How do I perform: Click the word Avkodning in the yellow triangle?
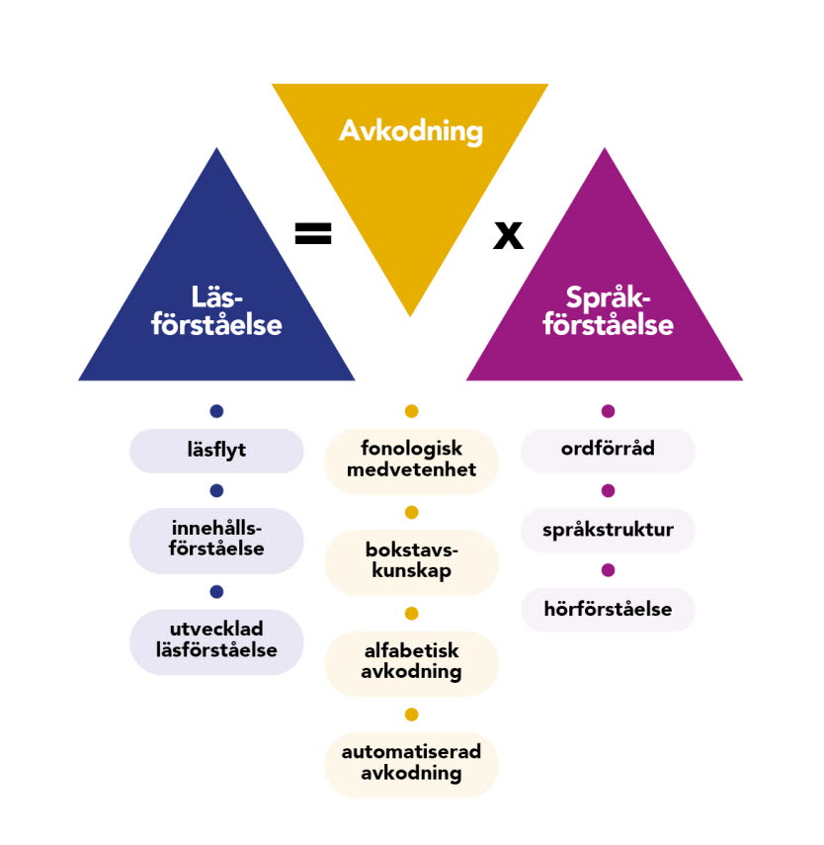point(410,130)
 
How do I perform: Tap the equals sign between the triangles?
point(313,233)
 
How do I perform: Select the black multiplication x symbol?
point(508,236)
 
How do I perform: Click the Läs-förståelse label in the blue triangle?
point(216,310)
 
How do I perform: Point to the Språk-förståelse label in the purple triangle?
point(607,310)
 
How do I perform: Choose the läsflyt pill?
point(216,451)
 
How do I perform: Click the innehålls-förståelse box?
point(216,540)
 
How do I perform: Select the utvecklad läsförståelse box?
point(216,641)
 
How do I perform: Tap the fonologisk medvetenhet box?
point(411,461)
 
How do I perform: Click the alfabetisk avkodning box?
point(411,662)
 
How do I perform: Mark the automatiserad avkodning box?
point(411,763)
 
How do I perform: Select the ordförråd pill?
point(608,450)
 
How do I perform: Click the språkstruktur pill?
point(608,530)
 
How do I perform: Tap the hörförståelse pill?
point(608,609)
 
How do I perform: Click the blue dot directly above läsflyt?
point(216,411)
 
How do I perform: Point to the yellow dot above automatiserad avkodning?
point(411,714)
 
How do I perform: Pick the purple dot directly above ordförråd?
point(608,411)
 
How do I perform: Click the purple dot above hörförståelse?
point(608,570)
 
